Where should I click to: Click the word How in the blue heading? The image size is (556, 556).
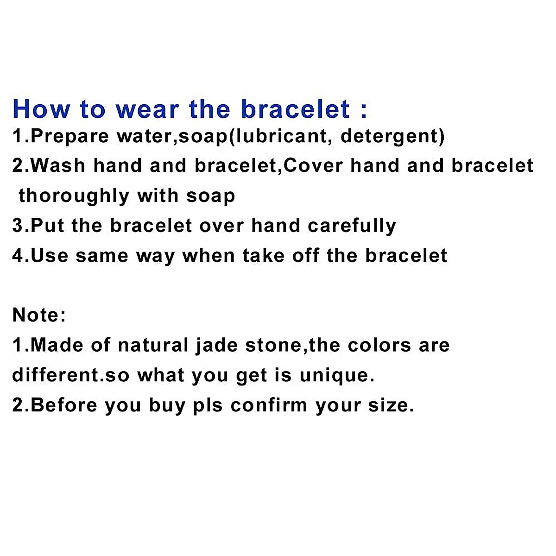[42, 109]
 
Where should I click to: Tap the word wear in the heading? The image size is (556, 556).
[146, 109]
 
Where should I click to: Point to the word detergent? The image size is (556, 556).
[389, 137]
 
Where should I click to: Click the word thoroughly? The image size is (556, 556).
[74, 196]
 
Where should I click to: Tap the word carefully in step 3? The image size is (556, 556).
[352, 226]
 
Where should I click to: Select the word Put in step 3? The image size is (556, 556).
[47, 226]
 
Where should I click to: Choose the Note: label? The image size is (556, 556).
[39, 315]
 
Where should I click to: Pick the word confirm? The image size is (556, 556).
[269, 405]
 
